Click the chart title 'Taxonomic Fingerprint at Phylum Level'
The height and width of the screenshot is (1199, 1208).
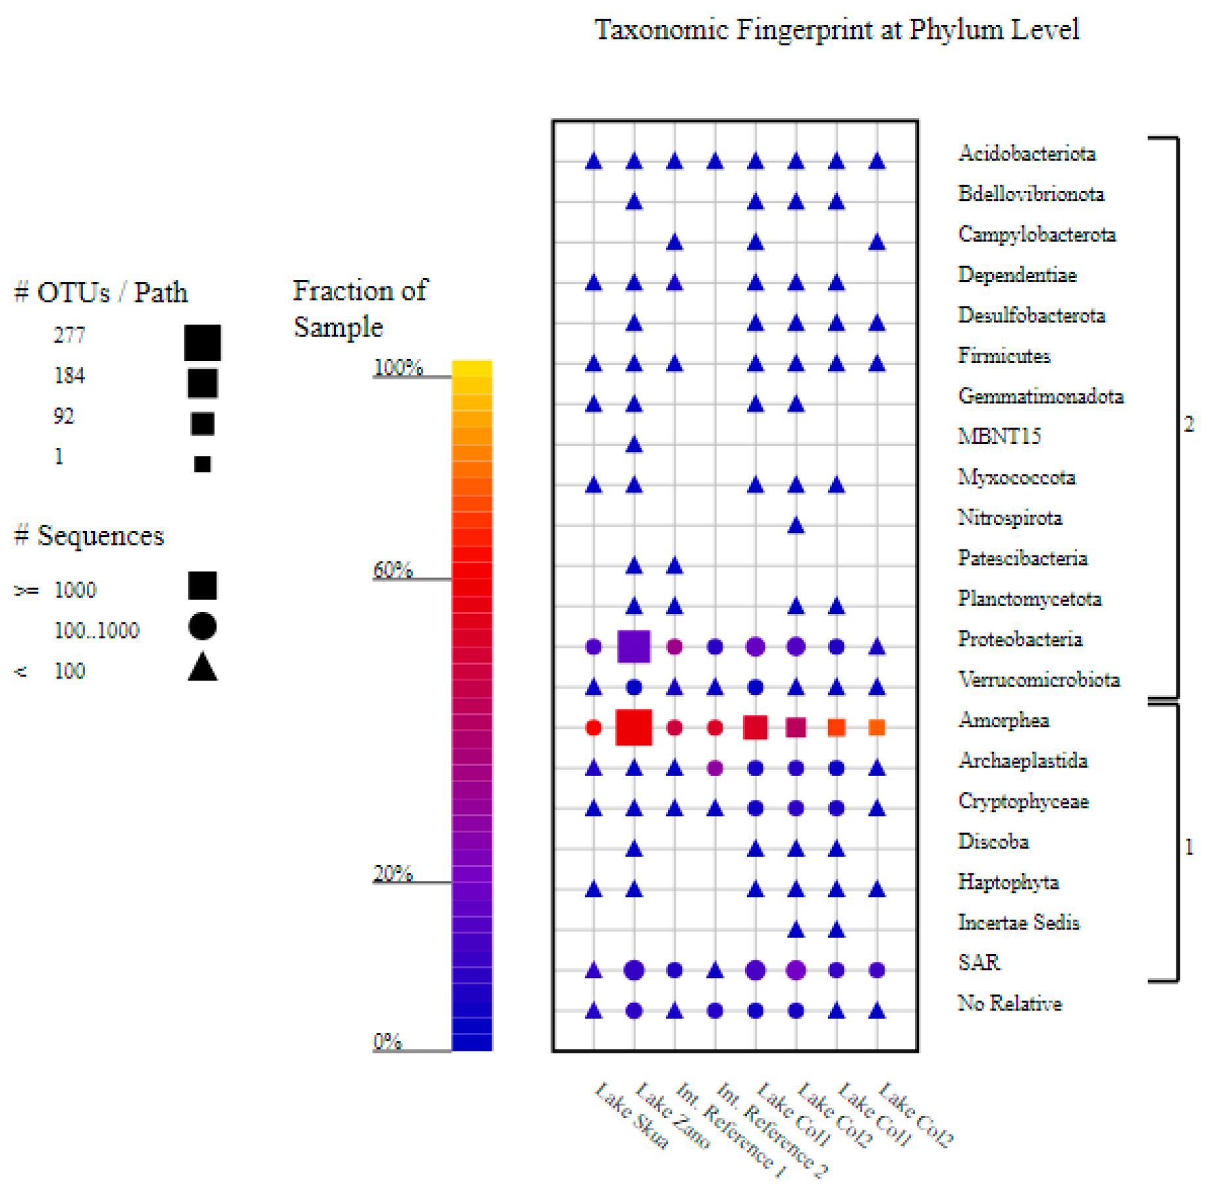coord(837,30)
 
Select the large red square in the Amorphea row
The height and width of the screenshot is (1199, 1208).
coord(634,727)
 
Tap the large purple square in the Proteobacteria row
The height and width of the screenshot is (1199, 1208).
coord(634,646)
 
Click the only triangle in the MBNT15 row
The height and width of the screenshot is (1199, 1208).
coord(634,444)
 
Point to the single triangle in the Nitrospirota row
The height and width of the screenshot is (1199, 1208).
coord(796,525)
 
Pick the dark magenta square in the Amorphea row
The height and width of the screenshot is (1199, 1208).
coord(796,727)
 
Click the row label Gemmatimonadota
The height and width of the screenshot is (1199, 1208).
coord(1041,396)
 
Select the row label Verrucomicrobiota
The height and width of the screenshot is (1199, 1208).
coord(1039,679)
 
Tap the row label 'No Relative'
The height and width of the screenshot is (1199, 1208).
coord(1010,1003)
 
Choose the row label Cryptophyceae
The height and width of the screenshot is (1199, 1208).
coord(1023,801)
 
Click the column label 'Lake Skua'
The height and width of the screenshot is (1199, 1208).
coord(632,1115)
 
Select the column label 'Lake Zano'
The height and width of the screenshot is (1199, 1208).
coord(673,1115)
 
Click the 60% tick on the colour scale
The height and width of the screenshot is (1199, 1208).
coord(412,579)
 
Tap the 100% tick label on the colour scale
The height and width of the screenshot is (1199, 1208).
coord(398,367)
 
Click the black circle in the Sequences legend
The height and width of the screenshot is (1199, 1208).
coord(202,626)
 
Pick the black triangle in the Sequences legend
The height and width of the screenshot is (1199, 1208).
coord(202,667)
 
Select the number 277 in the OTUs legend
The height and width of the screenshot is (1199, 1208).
coord(69,335)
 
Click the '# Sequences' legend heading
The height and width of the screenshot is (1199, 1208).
coord(89,536)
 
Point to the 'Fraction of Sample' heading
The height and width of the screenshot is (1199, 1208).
coord(360,308)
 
